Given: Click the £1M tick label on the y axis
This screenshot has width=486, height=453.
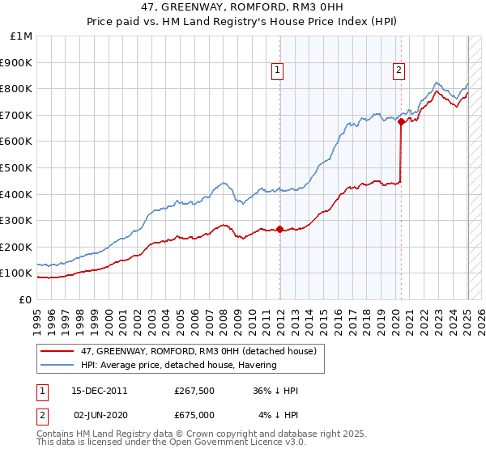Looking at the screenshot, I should [22, 36].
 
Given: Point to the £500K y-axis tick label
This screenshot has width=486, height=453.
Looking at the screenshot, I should [18, 167].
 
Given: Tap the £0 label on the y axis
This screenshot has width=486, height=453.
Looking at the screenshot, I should [26, 299].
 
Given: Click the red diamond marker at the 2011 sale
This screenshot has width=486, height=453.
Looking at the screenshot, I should [280, 229].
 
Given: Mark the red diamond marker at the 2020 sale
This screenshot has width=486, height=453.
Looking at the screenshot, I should [401, 121].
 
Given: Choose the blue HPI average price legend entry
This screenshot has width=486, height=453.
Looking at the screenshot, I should [178, 365].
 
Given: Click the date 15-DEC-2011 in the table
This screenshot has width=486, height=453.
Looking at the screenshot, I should [99, 391].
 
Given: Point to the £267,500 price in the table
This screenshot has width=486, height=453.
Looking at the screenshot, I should [194, 391].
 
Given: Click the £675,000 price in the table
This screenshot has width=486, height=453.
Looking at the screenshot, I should [194, 415].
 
